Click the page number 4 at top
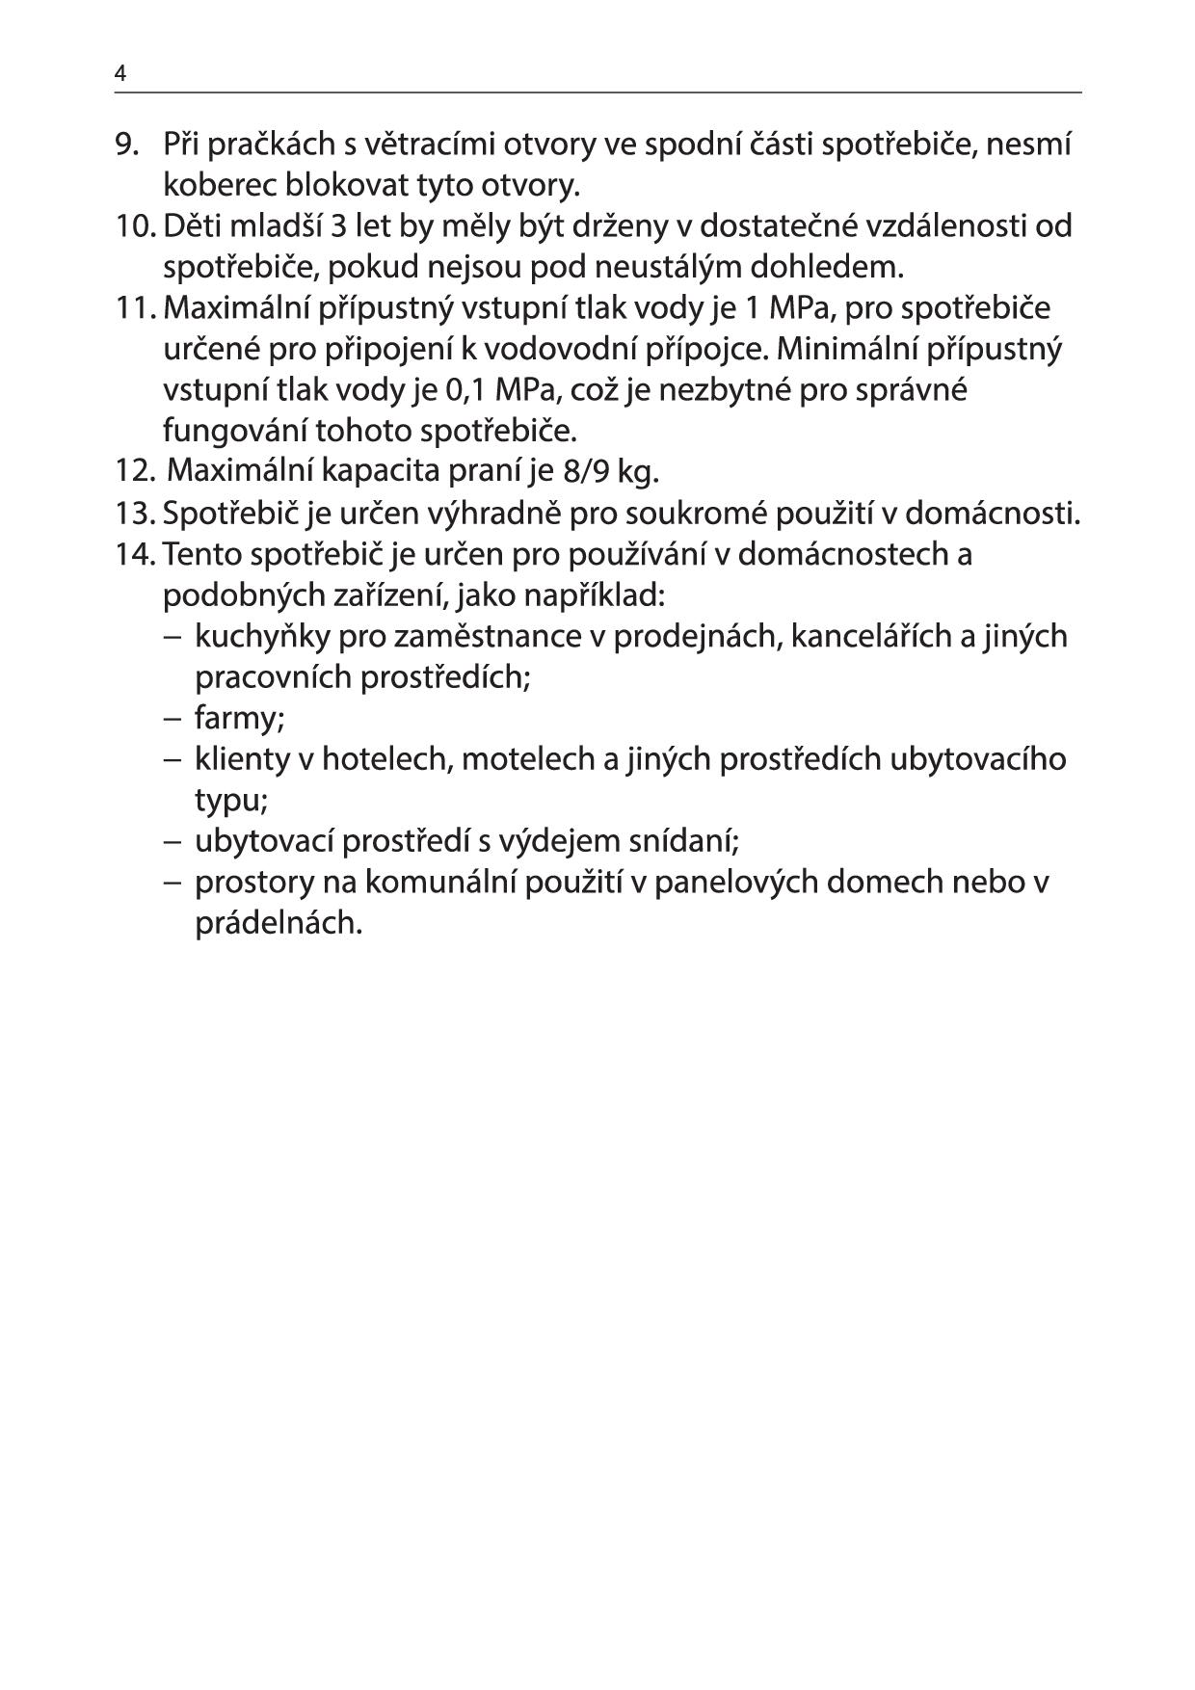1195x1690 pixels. point(119,73)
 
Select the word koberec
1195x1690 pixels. point(219,185)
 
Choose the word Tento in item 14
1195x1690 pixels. point(202,555)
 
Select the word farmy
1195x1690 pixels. point(239,719)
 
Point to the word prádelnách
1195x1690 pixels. point(279,923)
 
